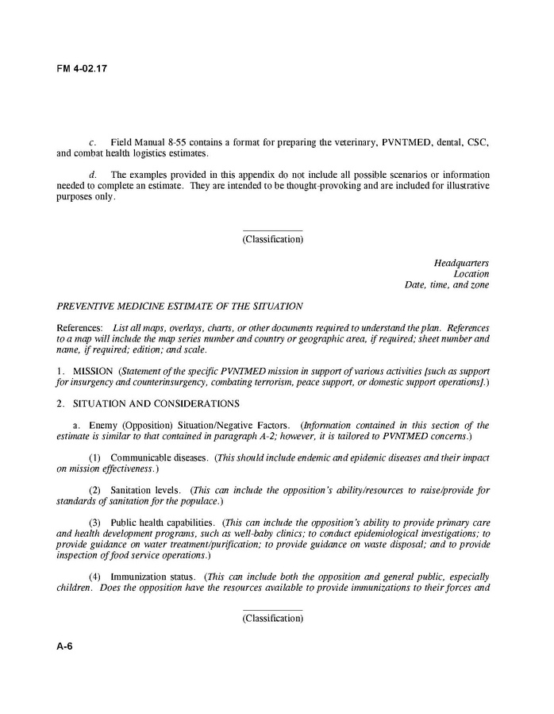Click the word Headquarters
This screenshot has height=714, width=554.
pyautogui.click(x=461, y=263)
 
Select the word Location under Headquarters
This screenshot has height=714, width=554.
pyautogui.click(x=471, y=274)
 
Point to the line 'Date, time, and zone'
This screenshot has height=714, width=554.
pyautogui.click(x=447, y=285)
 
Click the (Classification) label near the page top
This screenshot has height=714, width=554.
pyautogui.click(x=272, y=239)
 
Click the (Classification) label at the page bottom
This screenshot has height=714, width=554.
pyautogui.click(x=272, y=619)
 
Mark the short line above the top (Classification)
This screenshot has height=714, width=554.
pyautogui.click(x=272, y=230)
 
